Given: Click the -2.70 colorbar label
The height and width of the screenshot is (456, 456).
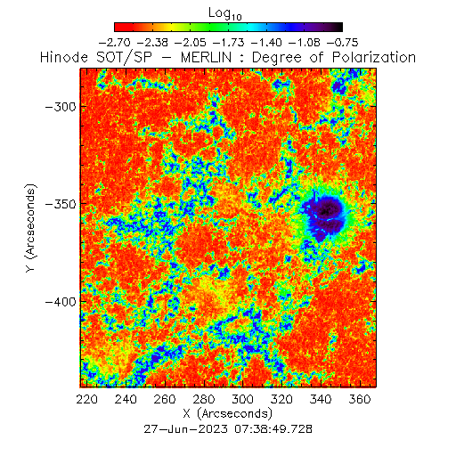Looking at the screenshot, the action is pyautogui.click(x=114, y=43).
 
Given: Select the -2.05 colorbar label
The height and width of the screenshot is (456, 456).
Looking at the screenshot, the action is pyautogui.click(x=191, y=43).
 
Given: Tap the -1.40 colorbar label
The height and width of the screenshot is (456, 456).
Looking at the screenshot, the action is pyautogui.click(x=266, y=43).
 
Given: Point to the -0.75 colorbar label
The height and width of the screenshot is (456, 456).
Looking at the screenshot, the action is pyautogui.click(x=342, y=43).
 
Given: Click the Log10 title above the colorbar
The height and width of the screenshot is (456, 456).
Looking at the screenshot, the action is pyautogui.click(x=225, y=13).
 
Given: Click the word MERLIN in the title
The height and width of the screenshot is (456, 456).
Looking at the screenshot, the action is pyautogui.click(x=206, y=57).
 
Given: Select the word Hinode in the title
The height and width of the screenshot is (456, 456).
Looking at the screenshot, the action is pyautogui.click(x=64, y=57).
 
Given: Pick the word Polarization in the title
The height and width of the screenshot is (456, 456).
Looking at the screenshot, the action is pyautogui.click(x=374, y=57).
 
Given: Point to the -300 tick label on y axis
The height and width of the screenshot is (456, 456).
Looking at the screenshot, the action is pyautogui.click(x=61, y=106).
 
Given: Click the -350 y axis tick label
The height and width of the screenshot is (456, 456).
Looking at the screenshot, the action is pyautogui.click(x=61, y=204).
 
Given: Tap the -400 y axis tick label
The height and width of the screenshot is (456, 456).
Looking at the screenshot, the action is pyautogui.click(x=61, y=302).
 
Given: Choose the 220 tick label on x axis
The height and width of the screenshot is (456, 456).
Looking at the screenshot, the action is pyautogui.click(x=86, y=399).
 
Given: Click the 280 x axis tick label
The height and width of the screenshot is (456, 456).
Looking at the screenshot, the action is pyautogui.click(x=204, y=399).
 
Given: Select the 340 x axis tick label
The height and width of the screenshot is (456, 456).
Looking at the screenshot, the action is pyautogui.click(x=321, y=399).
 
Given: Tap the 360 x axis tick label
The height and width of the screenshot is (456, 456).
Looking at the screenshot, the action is pyautogui.click(x=360, y=399).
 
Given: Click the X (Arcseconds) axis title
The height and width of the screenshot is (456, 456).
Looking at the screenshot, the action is pyautogui.click(x=228, y=413).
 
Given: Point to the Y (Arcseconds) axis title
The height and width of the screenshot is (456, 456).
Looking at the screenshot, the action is pyautogui.click(x=30, y=228).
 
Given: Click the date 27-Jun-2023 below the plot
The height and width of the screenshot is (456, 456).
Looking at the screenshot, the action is pyautogui.click(x=186, y=429).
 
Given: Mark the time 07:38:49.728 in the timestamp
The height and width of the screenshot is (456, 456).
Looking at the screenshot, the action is pyautogui.click(x=273, y=429).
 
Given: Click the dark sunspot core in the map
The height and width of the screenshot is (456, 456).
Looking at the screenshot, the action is pyautogui.click(x=325, y=211).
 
